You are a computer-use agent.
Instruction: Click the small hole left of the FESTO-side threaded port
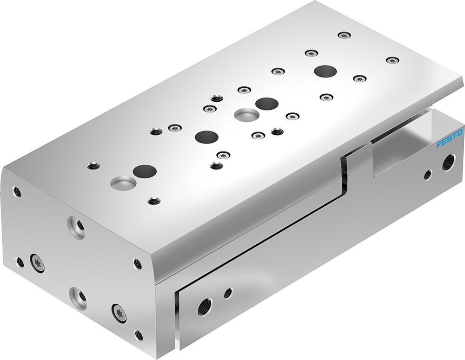[x=427, y=175]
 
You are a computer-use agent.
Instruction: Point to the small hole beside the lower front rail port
[x=228, y=293]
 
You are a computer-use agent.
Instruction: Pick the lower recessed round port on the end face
[x=78, y=297]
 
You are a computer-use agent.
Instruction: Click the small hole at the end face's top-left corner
[x=17, y=191]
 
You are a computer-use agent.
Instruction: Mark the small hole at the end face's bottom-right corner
[x=138, y=334]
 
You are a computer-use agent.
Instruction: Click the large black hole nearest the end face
[x=144, y=171]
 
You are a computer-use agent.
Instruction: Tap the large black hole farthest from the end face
[x=325, y=72]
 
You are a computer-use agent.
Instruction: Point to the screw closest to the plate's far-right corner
[x=393, y=60]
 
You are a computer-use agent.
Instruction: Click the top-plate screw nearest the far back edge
[x=344, y=35]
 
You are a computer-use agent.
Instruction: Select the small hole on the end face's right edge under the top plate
[x=138, y=263]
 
